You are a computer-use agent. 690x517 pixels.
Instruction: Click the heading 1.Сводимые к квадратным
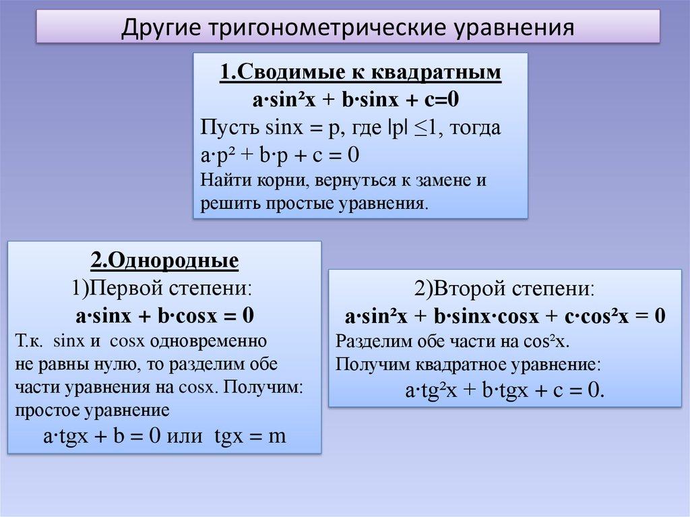360,72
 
